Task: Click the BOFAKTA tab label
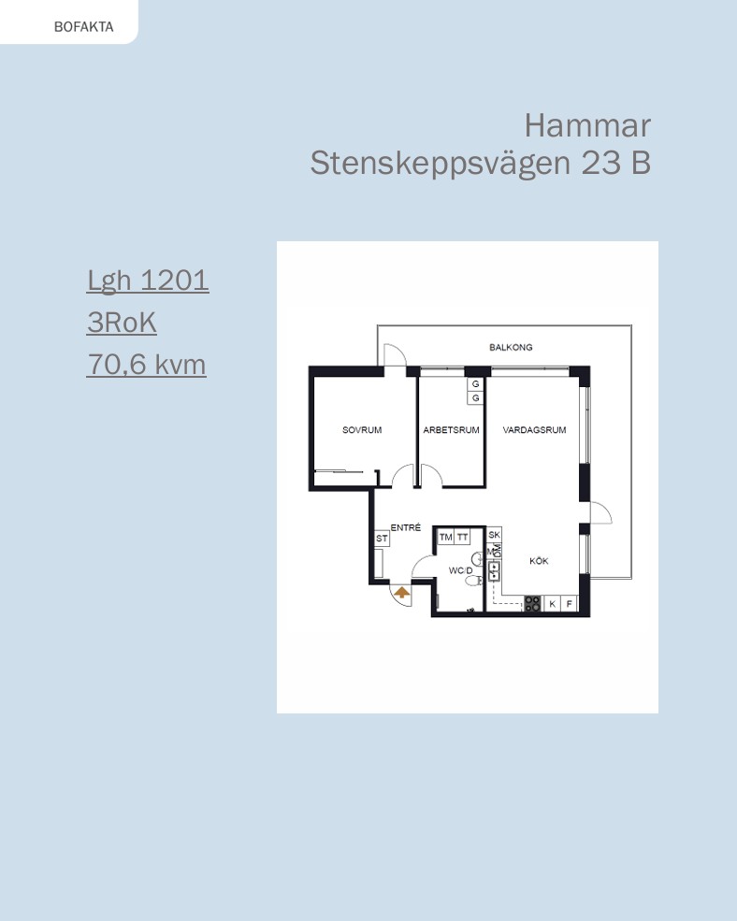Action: point(83,27)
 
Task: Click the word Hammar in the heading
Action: point(587,125)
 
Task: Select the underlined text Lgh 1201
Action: point(148,281)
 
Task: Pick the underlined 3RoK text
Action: point(122,322)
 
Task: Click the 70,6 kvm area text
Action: point(146,364)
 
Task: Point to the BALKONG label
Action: point(511,347)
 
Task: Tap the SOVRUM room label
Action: point(362,430)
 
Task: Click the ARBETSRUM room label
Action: point(452,430)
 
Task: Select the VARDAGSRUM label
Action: point(534,430)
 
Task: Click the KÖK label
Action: point(539,561)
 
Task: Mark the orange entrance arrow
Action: point(402,592)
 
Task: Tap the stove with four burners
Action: point(532,603)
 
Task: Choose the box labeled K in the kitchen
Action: point(552,603)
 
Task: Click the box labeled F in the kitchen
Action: point(569,603)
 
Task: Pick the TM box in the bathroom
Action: point(446,537)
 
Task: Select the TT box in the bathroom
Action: point(463,537)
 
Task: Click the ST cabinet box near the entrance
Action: point(382,538)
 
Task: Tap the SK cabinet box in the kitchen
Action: point(494,535)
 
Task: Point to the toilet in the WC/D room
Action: point(473,581)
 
